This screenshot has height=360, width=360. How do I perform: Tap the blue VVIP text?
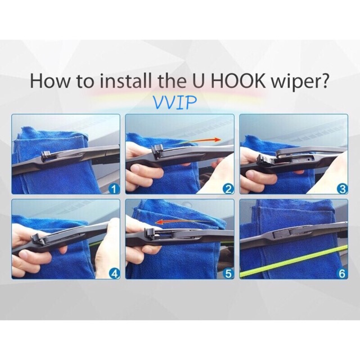point(175,102)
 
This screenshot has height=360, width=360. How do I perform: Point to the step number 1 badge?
point(114,189)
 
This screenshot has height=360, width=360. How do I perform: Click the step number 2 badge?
point(228,189)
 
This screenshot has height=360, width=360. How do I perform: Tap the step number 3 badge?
point(342,189)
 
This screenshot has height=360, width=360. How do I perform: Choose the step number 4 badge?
point(114,274)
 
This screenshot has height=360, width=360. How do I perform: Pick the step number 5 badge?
point(228,274)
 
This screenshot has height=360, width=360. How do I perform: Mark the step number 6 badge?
point(342,274)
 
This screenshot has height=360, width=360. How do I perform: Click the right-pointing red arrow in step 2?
point(199,141)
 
